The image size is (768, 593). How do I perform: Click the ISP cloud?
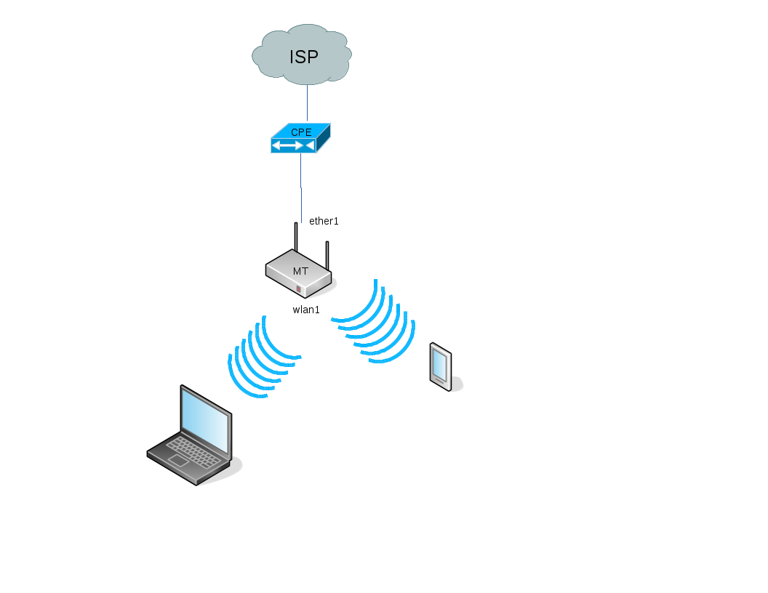point(302,55)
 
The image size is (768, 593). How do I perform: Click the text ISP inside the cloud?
point(304,57)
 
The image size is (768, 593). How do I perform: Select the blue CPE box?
point(301,138)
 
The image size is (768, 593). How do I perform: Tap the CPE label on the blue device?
point(301,132)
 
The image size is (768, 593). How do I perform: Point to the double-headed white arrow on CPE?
point(288,145)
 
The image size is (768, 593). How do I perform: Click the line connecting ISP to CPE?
point(307,102)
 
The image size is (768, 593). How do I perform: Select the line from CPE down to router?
point(301,188)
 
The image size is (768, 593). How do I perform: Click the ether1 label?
point(324,221)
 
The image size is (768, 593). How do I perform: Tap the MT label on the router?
point(301,271)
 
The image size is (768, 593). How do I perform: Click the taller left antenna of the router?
point(296,237)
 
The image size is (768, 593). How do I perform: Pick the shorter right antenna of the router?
point(327,255)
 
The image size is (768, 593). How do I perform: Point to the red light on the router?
point(298,289)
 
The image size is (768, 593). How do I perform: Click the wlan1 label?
point(306,310)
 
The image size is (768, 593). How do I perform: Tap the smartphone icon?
point(441,367)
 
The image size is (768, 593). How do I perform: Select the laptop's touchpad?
point(177,461)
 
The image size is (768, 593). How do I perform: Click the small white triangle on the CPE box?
point(310,145)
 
